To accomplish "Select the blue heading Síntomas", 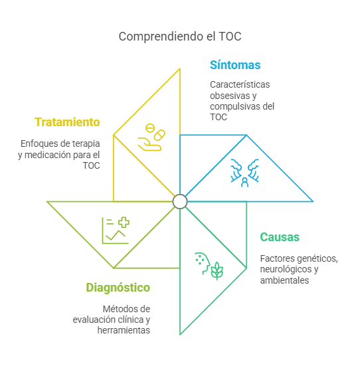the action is click(235, 65).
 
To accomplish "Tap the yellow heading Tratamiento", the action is click(67, 122).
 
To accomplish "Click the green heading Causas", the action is click(280, 237).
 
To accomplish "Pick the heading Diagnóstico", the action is click(118, 288).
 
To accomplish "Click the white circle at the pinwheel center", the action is click(180, 201).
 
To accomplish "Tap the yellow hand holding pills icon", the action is click(151, 138).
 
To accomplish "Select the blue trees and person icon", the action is click(245, 173).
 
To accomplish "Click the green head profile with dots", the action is click(203, 263).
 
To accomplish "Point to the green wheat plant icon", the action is click(217, 271).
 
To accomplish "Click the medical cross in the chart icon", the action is click(124, 223).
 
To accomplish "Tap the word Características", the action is click(240, 84).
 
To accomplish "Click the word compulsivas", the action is click(235, 106).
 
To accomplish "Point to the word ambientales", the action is click(284, 280).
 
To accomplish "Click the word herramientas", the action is click(124, 330).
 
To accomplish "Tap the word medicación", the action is click(48, 155).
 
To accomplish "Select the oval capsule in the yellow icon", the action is click(159, 136).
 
